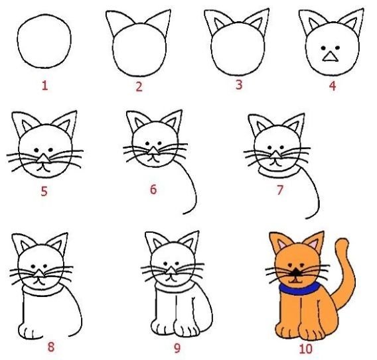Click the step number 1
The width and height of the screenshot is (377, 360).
tap(45, 86)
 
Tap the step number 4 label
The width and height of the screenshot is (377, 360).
tap(333, 86)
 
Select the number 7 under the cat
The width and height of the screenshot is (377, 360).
tap(280, 190)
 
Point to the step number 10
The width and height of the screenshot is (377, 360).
tap(306, 349)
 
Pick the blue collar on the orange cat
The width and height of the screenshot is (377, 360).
tap(299, 288)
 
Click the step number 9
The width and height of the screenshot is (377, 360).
tap(177, 348)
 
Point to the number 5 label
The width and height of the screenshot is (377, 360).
tap(44, 192)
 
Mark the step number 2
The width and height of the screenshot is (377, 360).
tap(139, 87)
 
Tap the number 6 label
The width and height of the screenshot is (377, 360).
tap(153, 190)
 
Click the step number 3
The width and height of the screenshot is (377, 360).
tap(239, 85)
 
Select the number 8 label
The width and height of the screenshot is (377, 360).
tap(51, 347)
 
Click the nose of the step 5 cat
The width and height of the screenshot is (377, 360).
tap(44, 158)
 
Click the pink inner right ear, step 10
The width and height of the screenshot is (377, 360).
tap(313, 244)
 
